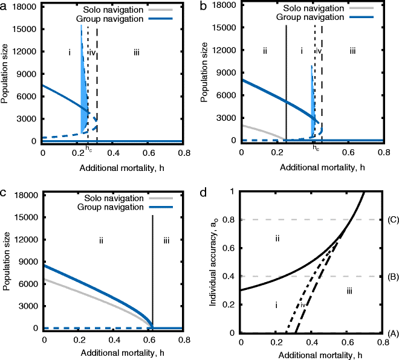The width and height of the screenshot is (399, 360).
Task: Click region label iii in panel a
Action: coord(137,53)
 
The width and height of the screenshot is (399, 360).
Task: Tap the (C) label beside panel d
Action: coord(391,220)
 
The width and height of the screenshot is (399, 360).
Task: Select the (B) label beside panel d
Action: coord(391,277)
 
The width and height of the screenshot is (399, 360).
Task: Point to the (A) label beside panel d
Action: coord(391,333)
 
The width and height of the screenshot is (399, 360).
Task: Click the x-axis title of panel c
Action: coord(114,355)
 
